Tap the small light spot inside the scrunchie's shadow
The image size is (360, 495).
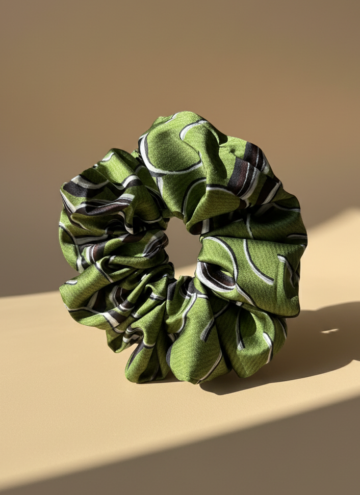[329, 331]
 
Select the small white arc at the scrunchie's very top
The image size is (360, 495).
[189, 124]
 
